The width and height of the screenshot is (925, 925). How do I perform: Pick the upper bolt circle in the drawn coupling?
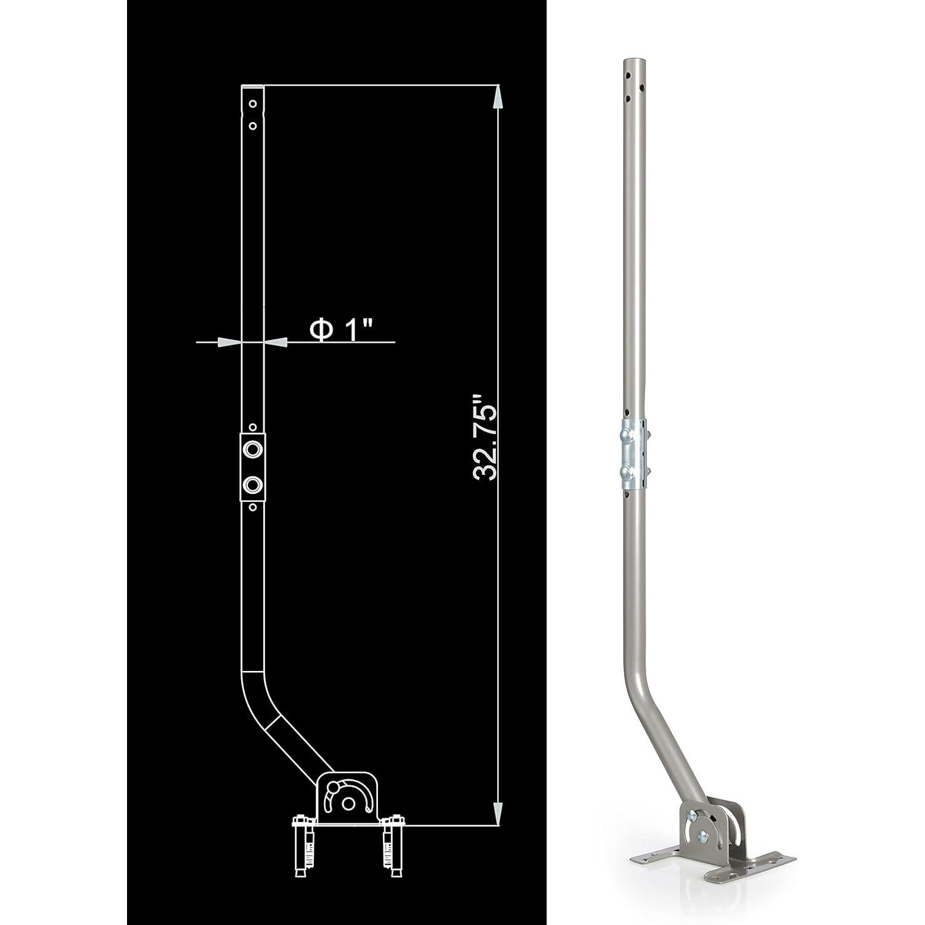coord(252,450)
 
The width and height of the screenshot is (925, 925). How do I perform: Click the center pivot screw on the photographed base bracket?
coord(701,837)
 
